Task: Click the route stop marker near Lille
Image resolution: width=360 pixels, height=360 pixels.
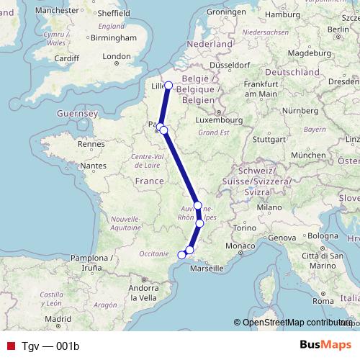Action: (168, 86)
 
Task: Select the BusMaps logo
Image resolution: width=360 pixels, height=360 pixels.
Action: (325, 346)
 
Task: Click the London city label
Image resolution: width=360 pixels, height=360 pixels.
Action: (117, 56)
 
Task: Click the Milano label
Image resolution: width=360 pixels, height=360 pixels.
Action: (271, 207)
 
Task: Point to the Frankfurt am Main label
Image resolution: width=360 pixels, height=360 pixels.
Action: (261, 89)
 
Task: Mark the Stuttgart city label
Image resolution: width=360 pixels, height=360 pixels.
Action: (269, 140)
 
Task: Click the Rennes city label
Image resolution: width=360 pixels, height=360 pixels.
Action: (91, 144)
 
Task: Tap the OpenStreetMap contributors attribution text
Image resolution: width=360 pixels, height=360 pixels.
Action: (297, 323)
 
